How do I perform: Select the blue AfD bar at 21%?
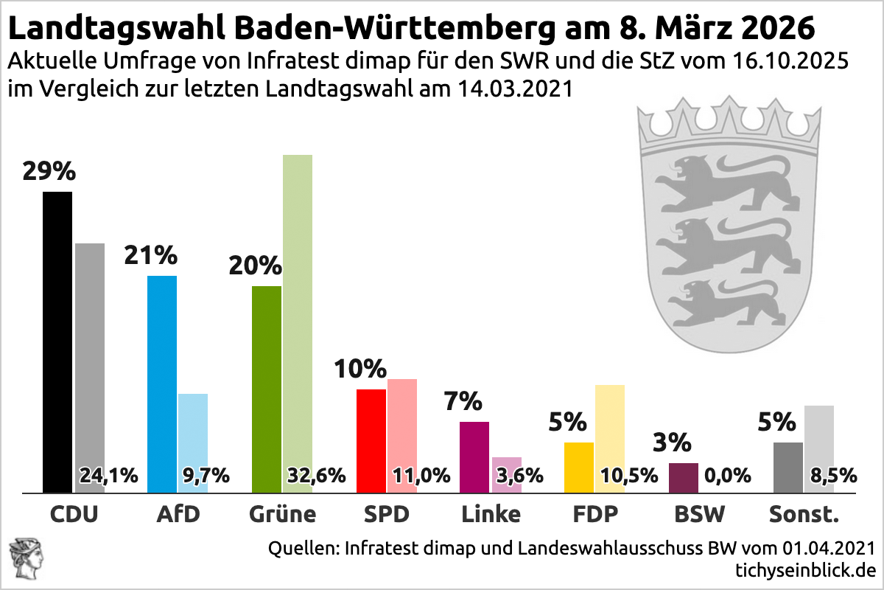pyautogui.click(x=162, y=383)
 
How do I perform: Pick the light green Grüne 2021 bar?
pyautogui.click(x=298, y=310)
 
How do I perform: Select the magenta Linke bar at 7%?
pyautogui.click(x=474, y=457)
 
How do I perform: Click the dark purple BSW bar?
pyautogui.click(x=683, y=477)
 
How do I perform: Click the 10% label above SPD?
pyautogui.click(x=360, y=368)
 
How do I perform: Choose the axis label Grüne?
pyautogui.click(x=283, y=513)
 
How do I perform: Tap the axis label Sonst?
pyautogui.click(x=804, y=513)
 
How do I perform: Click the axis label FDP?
pyautogui.click(x=595, y=513)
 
